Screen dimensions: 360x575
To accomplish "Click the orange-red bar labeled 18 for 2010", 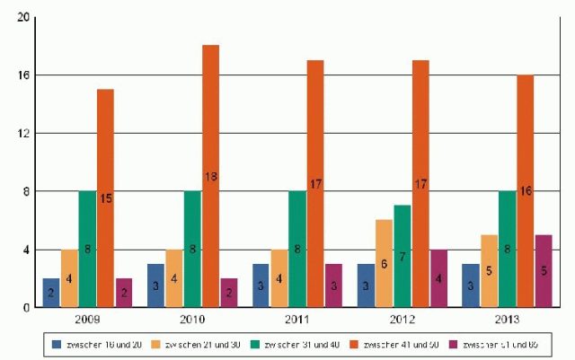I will tap(210, 176).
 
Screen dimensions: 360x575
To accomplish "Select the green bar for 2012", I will tap(402, 256).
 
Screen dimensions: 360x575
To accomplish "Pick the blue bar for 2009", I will tap(51, 293).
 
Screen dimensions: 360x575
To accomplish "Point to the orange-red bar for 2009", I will tap(105, 198).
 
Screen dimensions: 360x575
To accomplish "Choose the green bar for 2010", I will tap(192, 249).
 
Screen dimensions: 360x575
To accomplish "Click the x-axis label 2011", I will tap(297, 320).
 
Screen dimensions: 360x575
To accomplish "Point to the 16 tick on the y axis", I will tap(23, 75).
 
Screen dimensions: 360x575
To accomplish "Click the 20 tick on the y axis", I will tap(23, 17).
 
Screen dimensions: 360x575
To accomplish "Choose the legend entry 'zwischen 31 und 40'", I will tap(301, 344).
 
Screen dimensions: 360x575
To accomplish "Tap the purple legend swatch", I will tap(452, 344).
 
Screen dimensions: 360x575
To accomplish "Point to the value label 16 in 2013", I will tap(526, 191).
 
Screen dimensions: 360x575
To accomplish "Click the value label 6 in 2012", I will tap(385, 265).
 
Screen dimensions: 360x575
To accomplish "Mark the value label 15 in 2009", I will tap(105, 198).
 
